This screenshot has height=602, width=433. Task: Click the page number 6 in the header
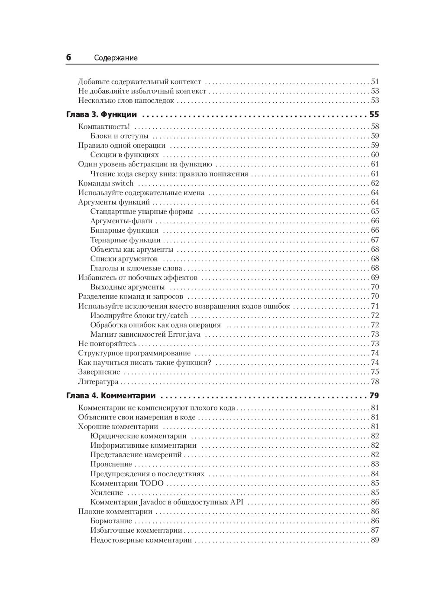click(68, 58)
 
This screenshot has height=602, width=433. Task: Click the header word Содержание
click(116, 58)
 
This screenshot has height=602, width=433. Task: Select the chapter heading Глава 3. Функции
click(101, 115)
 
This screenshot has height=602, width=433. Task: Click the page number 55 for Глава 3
click(374, 115)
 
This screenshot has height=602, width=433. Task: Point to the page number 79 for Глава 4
click(374, 396)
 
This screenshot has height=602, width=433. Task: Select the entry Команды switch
click(106, 183)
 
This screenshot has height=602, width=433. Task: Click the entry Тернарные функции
click(125, 240)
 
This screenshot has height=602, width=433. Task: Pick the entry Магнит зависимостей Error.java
click(145, 335)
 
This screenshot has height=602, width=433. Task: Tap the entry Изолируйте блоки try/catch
click(139, 316)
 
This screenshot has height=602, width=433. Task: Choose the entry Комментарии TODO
click(127, 483)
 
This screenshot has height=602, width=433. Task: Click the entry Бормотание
click(111, 521)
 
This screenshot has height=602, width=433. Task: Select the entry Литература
click(98, 382)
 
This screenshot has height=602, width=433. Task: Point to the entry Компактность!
click(104, 127)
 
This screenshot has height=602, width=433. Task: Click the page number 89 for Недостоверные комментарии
click(375, 540)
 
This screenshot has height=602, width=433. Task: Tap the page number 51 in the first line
click(375, 81)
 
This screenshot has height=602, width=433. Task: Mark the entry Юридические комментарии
click(139, 436)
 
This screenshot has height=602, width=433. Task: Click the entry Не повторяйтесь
click(107, 344)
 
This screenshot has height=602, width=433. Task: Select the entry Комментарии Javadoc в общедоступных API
click(167, 502)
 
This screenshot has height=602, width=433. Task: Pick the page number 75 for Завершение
click(375, 372)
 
